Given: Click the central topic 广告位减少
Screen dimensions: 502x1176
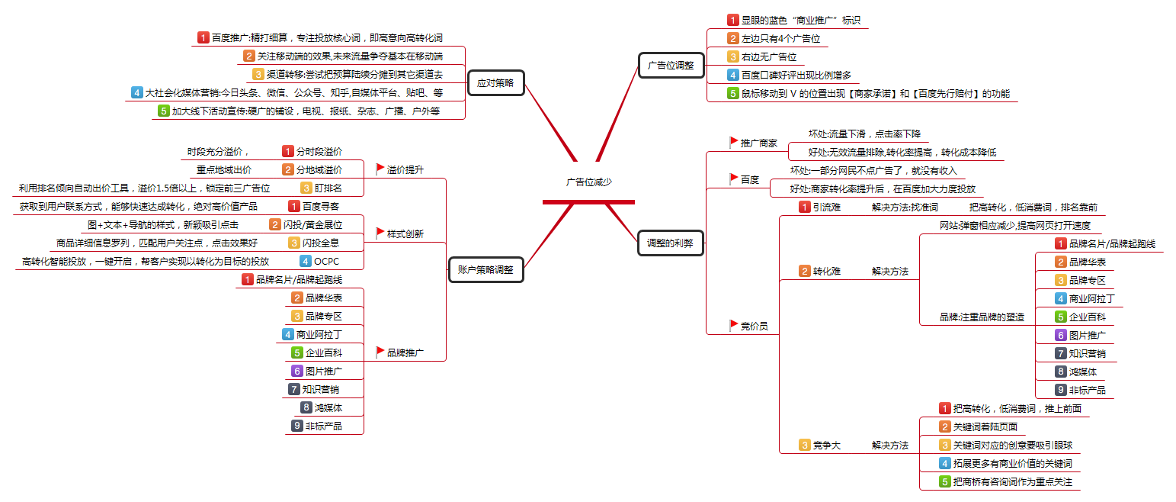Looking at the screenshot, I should pyautogui.click(x=588, y=182).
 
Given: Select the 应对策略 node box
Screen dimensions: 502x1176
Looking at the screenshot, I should pyautogui.click(x=495, y=82).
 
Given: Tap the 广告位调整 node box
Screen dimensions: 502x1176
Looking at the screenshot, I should pyautogui.click(x=671, y=65).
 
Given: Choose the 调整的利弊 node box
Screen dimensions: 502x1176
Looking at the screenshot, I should pyautogui.click(x=671, y=243).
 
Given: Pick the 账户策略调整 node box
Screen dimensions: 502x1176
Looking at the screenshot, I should pyautogui.click(x=485, y=269).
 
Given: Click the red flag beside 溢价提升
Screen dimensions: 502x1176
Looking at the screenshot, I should pyautogui.click(x=380, y=169).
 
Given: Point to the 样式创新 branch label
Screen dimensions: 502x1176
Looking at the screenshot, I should pyautogui.click(x=405, y=233).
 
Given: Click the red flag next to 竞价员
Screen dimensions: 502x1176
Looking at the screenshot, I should pyautogui.click(x=734, y=325).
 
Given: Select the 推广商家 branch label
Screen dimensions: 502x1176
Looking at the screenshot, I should pyautogui.click(x=758, y=143).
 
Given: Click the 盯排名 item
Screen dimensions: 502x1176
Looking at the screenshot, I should pyautogui.click(x=328, y=188).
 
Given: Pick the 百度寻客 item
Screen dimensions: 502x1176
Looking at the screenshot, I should pyautogui.click(x=321, y=206).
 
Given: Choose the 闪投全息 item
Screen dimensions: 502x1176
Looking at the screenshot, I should pyautogui.click(x=321, y=243).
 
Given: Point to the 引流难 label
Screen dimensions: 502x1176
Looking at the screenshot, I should pyautogui.click(x=826, y=207).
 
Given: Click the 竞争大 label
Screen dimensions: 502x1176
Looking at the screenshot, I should pyautogui.click(x=826, y=445).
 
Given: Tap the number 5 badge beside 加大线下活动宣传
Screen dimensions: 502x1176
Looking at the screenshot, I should pyautogui.click(x=163, y=111).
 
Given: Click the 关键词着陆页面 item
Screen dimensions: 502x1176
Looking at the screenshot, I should pyautogui.click(x=985, y=427).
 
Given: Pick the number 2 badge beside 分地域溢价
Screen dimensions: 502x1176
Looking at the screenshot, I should pyautogui.click(x=288, y=169).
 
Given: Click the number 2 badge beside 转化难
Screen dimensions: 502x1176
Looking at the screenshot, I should pyautogui.click(x=804, y=271).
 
